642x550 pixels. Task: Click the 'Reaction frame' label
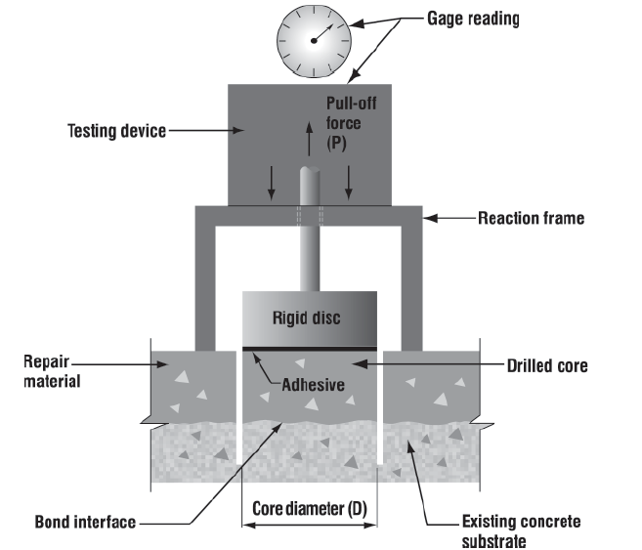point(531,218)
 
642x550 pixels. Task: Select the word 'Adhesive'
point(313,384)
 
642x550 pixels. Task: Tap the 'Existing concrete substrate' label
point(520,530)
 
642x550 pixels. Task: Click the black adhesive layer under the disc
point(310,347)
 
